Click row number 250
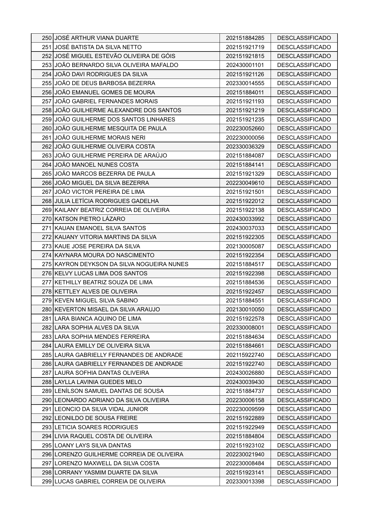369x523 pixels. point(47,38)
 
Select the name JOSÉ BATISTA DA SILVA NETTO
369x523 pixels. point(98,47)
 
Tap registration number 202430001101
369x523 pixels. point(245,65)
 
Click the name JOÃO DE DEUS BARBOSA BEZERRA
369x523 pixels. point(105,83)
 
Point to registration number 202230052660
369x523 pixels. point(245,129)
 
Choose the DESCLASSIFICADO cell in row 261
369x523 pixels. point(304,138)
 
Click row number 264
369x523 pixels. point(47,165)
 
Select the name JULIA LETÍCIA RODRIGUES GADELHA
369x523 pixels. point(107,201)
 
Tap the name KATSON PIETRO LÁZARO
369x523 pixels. point(90,219)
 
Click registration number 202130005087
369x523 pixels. point(245,246)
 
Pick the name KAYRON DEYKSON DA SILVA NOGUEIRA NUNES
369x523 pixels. point(122,264)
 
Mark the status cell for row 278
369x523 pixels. point(304,291)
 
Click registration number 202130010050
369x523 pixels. point(245,310)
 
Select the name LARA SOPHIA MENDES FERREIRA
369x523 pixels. point(102,337)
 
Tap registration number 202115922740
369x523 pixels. point(245,355)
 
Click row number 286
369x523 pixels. point(47,364)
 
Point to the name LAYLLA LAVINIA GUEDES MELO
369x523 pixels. point(98,382)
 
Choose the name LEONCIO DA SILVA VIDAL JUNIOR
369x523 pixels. point(101,409)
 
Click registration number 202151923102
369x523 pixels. point(245,445)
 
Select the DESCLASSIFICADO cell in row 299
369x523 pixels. point(304,481)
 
